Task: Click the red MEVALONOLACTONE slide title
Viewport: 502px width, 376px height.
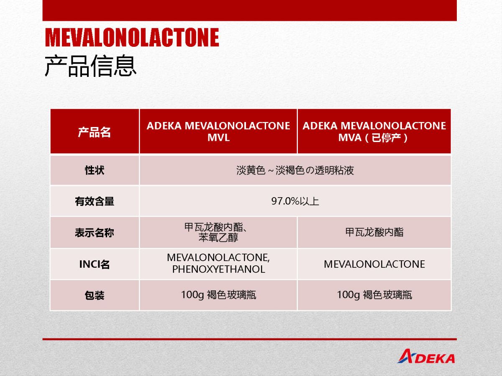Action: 132,37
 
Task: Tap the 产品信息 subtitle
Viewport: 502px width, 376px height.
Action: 90,66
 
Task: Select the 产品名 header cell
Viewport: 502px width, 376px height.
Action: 95,132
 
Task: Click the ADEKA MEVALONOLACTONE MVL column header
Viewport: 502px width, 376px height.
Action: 218,132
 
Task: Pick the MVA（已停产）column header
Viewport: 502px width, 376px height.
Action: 374,132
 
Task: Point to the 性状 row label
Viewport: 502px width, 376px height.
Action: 95,170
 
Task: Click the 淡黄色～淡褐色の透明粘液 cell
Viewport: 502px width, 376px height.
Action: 295,170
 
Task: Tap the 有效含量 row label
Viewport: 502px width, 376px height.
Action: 95,201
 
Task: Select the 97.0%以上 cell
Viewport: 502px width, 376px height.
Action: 295,201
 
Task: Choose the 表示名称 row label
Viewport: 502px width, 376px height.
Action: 95,233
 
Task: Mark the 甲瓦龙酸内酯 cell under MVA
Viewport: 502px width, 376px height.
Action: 374,232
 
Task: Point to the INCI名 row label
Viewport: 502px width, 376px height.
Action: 95,264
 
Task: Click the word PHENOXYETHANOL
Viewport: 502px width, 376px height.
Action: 219,269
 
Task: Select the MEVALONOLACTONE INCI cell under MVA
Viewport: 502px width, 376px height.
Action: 374,264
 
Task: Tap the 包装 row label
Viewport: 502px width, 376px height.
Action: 95,295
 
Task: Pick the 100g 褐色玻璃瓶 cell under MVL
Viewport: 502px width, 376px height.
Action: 218,295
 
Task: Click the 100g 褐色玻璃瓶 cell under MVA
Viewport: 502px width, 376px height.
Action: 374,295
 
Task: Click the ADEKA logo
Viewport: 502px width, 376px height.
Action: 426,356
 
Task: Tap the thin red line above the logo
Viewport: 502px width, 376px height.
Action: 249,339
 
